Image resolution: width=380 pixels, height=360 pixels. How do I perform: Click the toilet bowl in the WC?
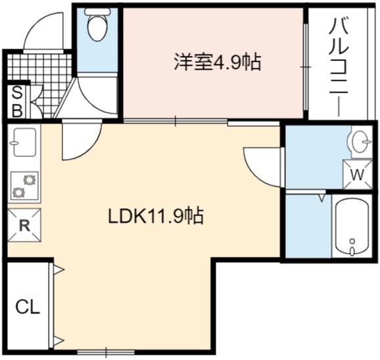[x=98, y=25]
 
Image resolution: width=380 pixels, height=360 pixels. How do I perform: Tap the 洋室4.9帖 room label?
[x=218, y=62]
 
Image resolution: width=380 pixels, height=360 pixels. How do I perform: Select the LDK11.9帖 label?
[x=156, y=216]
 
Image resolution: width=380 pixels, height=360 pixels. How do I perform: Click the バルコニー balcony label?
[x=339, y=67]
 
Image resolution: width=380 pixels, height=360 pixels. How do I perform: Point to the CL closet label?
[x=28, y=307]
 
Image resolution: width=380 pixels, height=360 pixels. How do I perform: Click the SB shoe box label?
[x=17, y=102]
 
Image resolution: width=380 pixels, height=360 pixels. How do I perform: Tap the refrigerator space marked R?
[x=24, y=225]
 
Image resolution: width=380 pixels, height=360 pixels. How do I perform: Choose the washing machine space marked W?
[x=358, y=174]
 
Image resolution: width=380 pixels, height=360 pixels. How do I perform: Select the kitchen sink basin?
[x=24, y=142]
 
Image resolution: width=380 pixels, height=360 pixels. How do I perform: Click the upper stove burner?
[x=30, y=180]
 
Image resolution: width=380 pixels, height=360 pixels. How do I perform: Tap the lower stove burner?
[x=18, y=192]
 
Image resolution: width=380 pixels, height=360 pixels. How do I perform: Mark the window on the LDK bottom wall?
[x=106, y=351]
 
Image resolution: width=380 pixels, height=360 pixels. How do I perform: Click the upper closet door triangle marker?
[x=58, y=270]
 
